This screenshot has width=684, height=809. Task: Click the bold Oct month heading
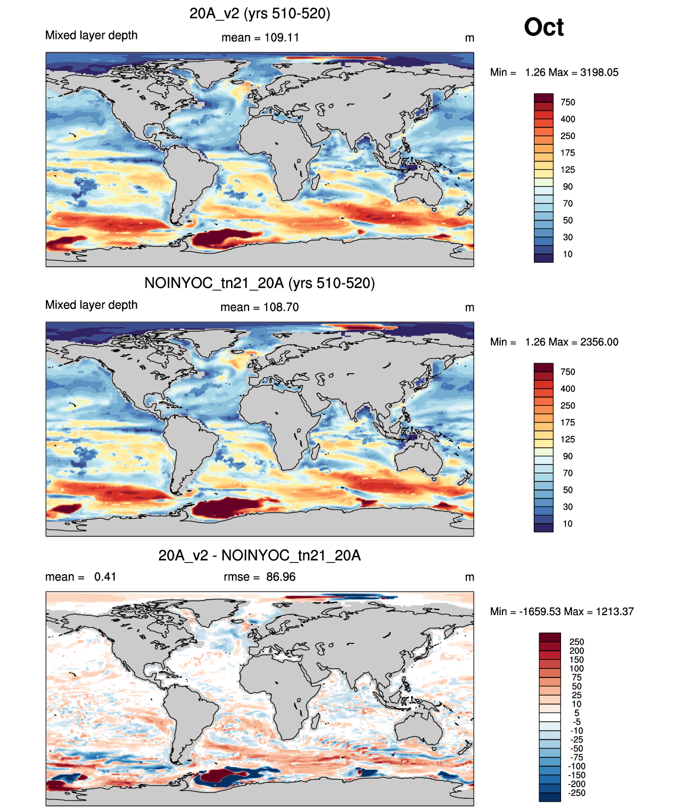tap(543, 27)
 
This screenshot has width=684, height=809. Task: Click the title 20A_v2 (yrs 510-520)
tap(260, 14)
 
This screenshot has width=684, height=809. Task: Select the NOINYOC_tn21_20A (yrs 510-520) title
tap(260, 283)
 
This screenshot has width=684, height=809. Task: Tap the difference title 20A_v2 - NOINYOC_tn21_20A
tap(260, 555)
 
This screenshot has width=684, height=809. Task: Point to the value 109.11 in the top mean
tap(282, 38)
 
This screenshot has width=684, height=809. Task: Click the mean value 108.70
tap(281, 307)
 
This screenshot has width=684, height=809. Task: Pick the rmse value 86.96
tap(281, 577)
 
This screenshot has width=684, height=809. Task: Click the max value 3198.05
tap(599, 72)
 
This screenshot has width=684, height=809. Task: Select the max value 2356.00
tap(599, 342)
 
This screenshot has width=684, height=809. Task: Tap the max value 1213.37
tap(615, 612)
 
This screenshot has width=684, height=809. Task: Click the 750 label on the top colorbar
tap(568, 102)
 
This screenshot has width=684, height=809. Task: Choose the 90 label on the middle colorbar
tap(568, 456)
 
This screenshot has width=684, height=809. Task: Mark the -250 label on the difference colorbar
tap(577, 793)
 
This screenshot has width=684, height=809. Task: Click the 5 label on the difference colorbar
tap(577, 713)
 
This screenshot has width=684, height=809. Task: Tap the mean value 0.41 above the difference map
tap(105, 577)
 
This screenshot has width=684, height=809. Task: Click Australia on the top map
tap(418, 189)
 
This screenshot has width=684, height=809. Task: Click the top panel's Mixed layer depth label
tap(92, 36)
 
